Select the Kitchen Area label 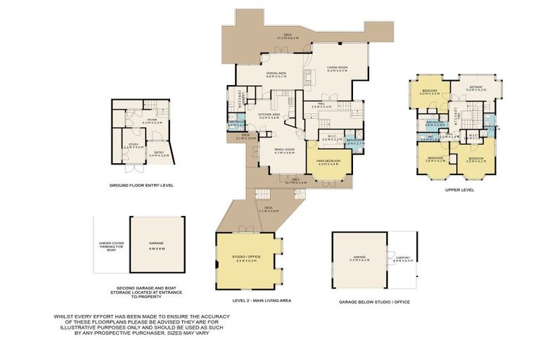[x=269, y=116]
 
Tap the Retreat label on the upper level [x=476, y=89]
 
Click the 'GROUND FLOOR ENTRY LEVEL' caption [x=141, y=186]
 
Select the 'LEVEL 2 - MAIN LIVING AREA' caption [x=252, y=300]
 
